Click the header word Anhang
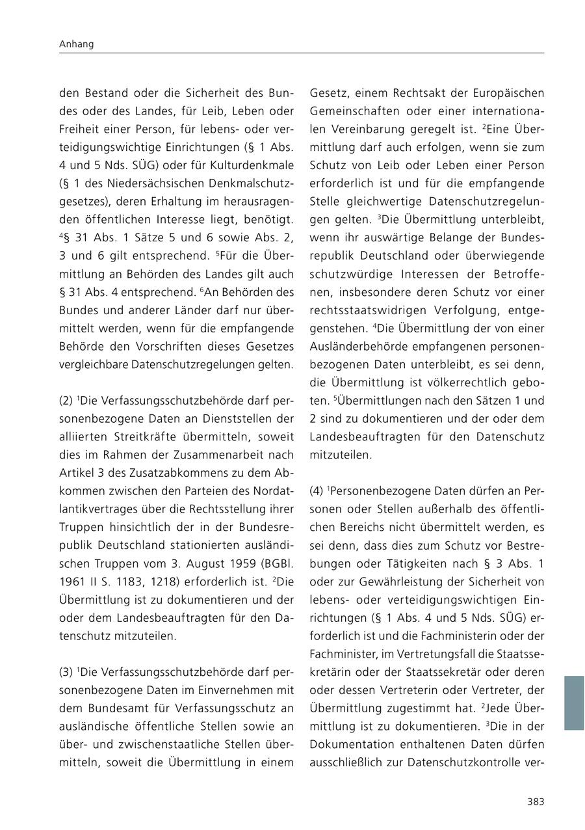[76, 44]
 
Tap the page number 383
[536, 801]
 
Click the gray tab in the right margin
[574, 703]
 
